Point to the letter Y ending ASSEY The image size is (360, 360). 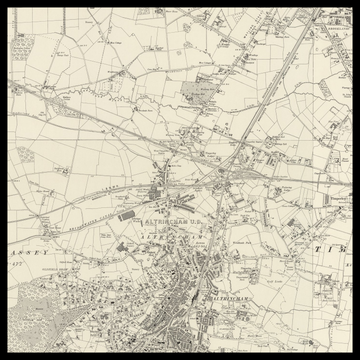point(46,254)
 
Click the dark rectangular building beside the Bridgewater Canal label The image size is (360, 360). point(125,215)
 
